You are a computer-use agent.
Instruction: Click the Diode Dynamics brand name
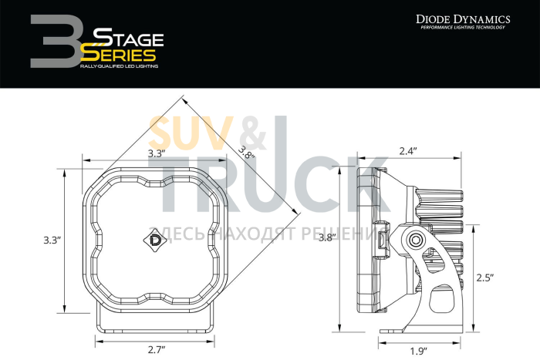(x=463, y=18)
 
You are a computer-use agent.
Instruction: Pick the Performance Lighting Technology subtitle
(x=463, y=28)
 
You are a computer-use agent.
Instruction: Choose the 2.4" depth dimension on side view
(x=408, y=151)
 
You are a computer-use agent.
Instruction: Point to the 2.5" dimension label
(x=484, y=276)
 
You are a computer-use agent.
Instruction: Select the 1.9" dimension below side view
(x=418, y=351)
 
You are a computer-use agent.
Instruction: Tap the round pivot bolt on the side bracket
(x=417, y=241)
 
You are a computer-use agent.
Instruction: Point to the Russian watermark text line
(x=270, y=233)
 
